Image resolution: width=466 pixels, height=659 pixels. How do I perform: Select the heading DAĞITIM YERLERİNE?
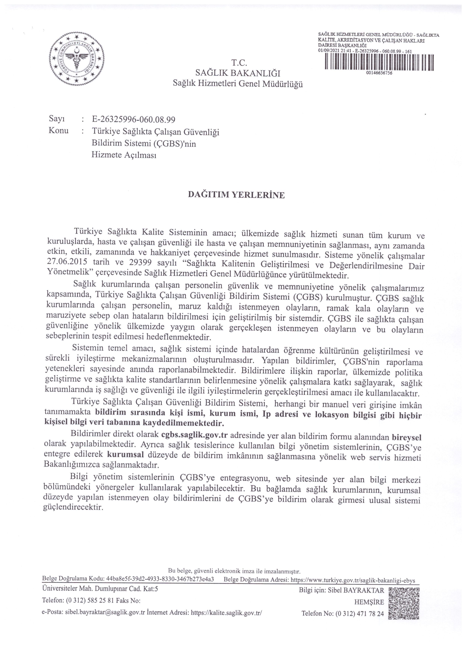pyautogui.click(x=236, y=195)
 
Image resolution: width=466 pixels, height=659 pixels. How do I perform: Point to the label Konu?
pyautogui.click(x=59, y=131)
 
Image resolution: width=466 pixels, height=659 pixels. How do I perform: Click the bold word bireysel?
pyautogui.click(x=407, y=437)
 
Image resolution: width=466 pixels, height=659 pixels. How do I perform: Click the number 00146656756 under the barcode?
pyautogui.click(x=379, y=73)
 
